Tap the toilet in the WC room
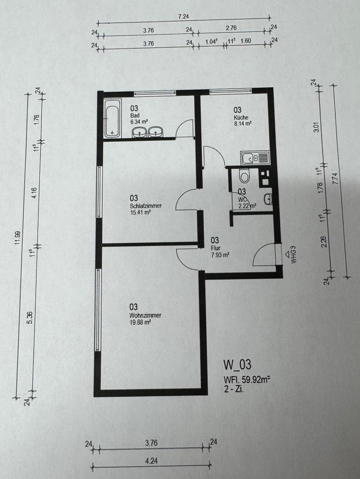[244, 175]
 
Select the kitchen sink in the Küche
[255, 158]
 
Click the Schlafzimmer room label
[146, 206]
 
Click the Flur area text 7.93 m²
[220, 255]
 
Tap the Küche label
[241, 117]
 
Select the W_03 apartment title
[237, 365]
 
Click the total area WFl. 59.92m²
[247, 380]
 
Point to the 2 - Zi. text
[233, 389]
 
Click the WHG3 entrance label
[294, 257]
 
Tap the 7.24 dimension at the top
[183, 16]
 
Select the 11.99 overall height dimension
[18, 238]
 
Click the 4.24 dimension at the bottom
[152, 461]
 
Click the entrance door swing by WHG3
[263, 254]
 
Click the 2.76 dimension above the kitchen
[231, 28]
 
